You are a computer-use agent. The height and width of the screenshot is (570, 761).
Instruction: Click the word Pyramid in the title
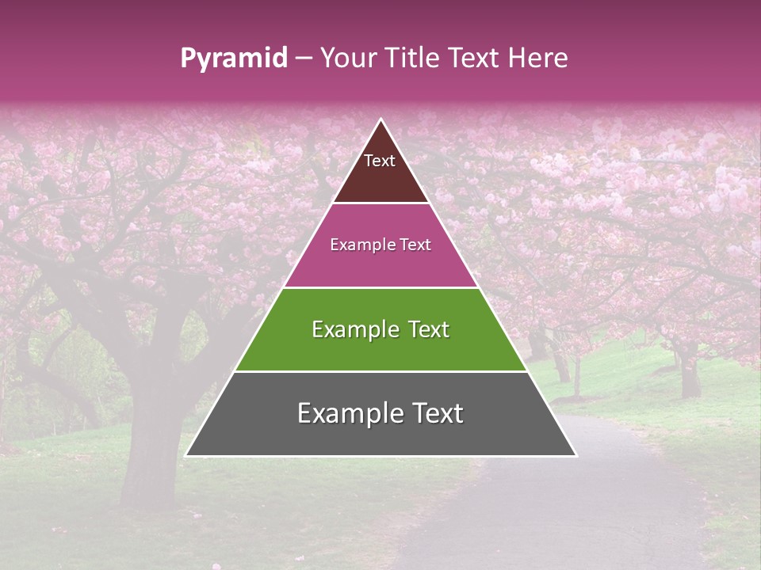point(233,59)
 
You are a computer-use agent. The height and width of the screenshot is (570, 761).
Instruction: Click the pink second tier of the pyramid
point(380,265)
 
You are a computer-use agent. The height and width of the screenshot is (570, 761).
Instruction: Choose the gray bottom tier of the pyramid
point(380,435)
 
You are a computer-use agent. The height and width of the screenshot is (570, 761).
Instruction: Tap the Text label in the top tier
point(380,161)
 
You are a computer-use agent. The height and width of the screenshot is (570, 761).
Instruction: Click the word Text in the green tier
point(425,329)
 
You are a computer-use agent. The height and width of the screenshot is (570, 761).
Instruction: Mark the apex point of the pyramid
point(381,120)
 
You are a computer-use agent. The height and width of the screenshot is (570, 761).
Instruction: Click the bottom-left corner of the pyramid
point(186,456)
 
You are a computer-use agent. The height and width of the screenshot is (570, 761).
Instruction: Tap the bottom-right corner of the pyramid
point(576,456)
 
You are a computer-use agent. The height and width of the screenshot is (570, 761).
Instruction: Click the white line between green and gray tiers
point(380,371)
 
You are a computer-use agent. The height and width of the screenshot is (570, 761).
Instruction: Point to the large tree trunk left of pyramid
point(147,443)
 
